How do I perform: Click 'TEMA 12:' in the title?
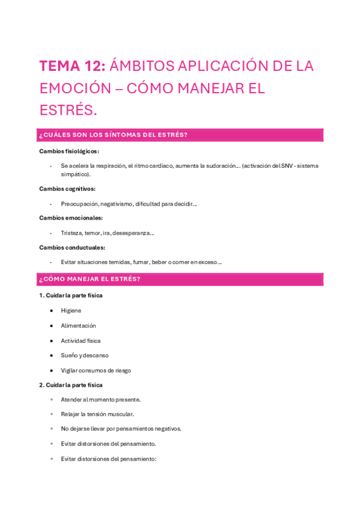(x=73, y=66)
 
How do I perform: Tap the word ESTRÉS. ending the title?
(x=68, y=111)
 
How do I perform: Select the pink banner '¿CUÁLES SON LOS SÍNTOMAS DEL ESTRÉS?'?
(x=180, y=135)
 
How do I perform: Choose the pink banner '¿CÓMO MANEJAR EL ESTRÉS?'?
(x=180, y=279)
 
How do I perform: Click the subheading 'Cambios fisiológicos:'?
(x=69, y=151)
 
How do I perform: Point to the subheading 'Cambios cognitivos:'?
(x=67, y=188)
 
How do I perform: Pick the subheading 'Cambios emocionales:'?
(x=71, y=218)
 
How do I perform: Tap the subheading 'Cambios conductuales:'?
(x=72, y=247)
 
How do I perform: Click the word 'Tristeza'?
(x=72, y=233)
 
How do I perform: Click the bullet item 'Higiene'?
(x=71, y=310)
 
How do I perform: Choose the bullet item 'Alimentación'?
(x=78, y=325)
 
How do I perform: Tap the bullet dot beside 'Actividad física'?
(x=52, y=340)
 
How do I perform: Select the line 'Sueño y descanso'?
(x=85, y=355)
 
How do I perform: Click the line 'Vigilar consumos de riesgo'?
(x=96, y=370)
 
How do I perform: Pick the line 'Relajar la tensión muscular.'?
(x=97, y=414)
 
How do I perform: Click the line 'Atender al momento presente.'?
(x=100, y=399)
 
